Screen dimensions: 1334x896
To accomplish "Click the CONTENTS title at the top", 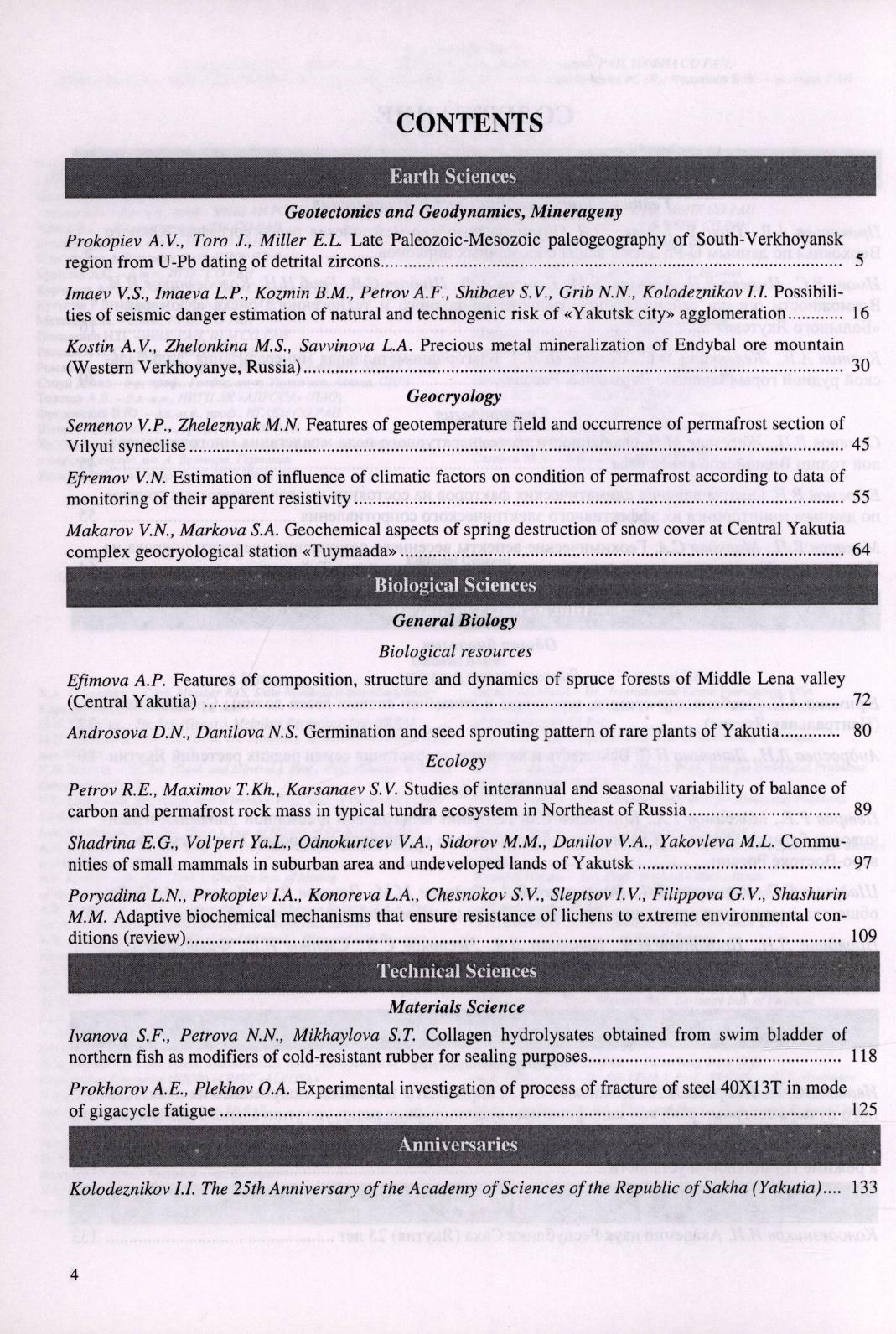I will (x=469, y=122).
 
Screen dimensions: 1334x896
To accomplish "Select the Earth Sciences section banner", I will (x=453, y=176).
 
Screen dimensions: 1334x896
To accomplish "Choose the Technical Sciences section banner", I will (x=457, y=971).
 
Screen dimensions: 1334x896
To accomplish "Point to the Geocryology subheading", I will (x=453, y=396).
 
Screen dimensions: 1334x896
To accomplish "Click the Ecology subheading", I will (x=456, y=762).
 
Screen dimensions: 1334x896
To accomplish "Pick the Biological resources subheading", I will (x=455, y=651).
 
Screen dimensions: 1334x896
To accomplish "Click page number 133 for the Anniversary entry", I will (x=863, y=1188).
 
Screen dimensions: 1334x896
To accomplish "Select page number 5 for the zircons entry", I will (x=870, y=262).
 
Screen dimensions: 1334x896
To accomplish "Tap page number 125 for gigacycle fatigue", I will (x=863, y=1110).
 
